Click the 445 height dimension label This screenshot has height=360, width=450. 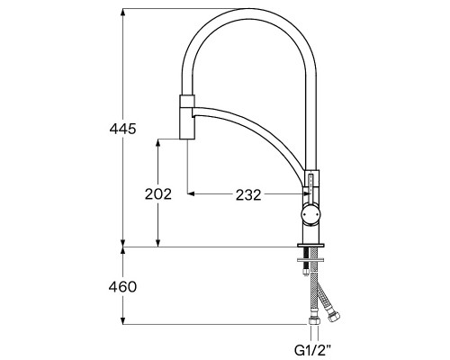122,129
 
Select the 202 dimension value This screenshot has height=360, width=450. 158,194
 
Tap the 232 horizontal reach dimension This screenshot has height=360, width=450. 248,195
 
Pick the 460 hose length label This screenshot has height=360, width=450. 122,287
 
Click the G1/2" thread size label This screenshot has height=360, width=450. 313,350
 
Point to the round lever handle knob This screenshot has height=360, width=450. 310,214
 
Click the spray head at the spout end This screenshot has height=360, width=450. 187,117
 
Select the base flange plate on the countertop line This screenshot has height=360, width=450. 310,245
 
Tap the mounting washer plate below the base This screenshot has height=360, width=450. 310,259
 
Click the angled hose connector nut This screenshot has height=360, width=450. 333,317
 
